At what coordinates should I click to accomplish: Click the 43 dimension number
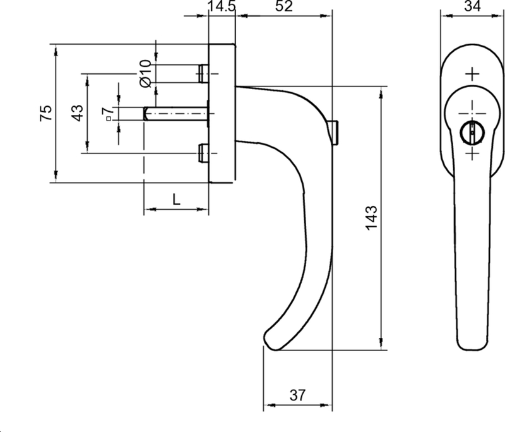click(x=76, y=114)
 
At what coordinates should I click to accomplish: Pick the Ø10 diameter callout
click(x=144, y=73)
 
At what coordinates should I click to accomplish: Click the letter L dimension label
click(x=177, y=199)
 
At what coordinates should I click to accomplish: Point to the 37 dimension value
click(x=297, y=396)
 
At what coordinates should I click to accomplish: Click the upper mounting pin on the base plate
click(x=203, y=73)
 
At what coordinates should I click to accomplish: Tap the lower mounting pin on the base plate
click(x=203, y=153)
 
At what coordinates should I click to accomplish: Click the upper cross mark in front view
click(x=471, y=74)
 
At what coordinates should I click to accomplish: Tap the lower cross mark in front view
click(x=471, y=153)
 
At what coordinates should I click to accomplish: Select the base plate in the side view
click(x=222, y=114)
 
